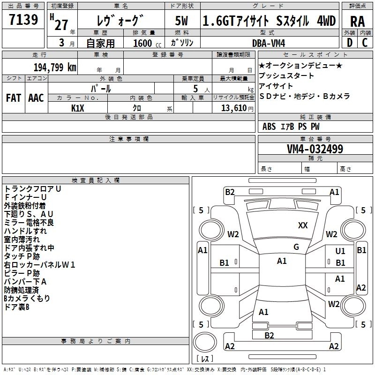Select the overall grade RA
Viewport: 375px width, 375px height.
[x=357, y=22]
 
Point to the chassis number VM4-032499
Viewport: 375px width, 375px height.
[x=315, y=149]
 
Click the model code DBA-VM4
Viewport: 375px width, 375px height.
[x=272, y=43]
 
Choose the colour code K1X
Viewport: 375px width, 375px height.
[x=78, y=108]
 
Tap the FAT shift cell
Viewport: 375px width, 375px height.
[x=14, y=97]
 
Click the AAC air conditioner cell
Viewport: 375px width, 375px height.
[x=36, y=97]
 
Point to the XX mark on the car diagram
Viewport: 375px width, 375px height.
[x=303, y=225]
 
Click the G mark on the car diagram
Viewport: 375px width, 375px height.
[x=296, y=247]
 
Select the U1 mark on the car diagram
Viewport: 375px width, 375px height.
[x=340, y=251]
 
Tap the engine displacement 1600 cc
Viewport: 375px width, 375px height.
[x=145, y=43]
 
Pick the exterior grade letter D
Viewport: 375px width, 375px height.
[x=350, y=43]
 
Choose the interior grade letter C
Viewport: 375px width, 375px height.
[x=365, y=43]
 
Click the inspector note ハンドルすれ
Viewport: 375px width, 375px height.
[x=25, y=231]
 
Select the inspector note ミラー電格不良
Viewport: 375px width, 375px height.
[x=29, y=223]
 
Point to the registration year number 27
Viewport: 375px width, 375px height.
[x=61, y=24]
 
